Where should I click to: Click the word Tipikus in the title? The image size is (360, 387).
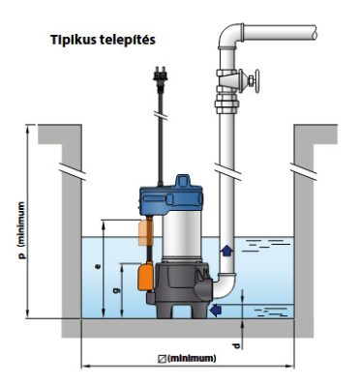tap(74, 41)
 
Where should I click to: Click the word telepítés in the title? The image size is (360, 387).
tap(128, 40)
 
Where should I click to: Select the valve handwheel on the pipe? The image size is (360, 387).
tap(256, 81)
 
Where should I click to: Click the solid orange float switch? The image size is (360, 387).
tap(145, 276)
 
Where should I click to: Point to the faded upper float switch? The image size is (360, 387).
tap(145, 232)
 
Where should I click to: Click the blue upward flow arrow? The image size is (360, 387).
tap(226, 250)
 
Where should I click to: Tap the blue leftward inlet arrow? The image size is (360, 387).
tap(216, 310)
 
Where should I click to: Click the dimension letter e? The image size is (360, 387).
tap(99, 266)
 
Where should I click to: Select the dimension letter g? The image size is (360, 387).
tap(116, 290)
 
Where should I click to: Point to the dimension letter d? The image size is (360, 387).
tap(236, 345)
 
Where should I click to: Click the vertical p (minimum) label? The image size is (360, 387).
tap(21, 230)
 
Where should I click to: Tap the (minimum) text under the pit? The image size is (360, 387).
tap(192, 358)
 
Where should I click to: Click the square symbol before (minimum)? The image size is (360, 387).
tap(163, 359)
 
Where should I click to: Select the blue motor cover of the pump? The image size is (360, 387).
tap(170, 196)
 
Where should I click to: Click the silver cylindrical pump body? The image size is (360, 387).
tap(181, 236)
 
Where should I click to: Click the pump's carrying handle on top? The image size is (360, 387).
tap(183, 181)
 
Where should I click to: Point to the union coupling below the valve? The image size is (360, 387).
tap(226, 104)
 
